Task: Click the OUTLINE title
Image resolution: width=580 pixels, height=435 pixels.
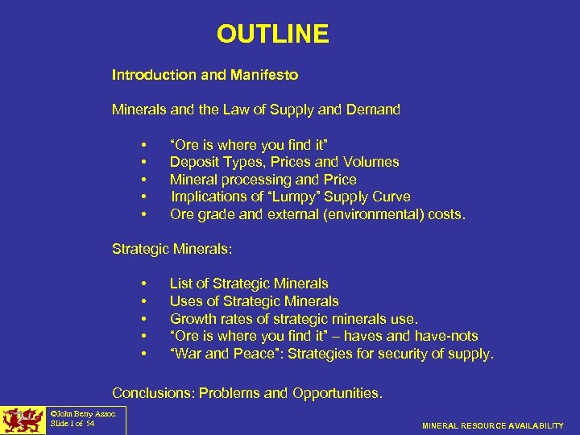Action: (272, 34)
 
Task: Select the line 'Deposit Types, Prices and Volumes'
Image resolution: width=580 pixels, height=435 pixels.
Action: (284, 162)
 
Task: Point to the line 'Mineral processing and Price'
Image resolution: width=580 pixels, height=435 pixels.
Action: (263, 180)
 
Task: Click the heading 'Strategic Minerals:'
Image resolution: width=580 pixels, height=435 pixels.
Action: (172, 250)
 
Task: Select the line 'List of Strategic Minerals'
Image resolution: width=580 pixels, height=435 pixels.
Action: (249, 284)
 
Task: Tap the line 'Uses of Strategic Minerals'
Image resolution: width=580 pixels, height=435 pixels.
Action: (254, 301)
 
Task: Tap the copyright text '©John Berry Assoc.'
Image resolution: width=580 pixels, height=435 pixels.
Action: (84, 414)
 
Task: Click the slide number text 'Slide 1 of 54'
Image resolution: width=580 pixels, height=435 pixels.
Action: (72, 424)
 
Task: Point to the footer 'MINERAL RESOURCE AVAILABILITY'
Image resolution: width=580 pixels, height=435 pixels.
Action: (493, 425)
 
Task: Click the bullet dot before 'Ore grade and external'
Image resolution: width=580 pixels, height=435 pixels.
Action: (143, 214)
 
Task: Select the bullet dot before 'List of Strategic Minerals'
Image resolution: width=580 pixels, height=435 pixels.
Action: (143, 284)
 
